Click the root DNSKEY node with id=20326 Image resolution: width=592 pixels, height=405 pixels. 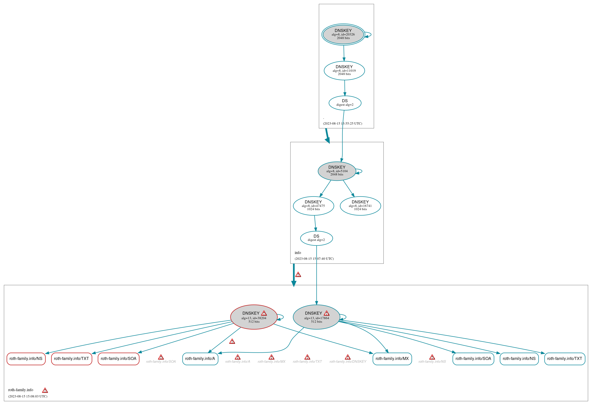coord(343,34)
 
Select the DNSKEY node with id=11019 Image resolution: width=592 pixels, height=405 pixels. coord(344,71)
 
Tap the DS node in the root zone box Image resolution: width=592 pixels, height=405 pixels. coord(345,103)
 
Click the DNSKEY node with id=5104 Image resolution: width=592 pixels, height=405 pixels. coord(337,171)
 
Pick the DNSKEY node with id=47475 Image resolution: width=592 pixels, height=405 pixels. coord(313,206)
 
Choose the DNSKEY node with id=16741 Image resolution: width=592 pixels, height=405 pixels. coord(360,206)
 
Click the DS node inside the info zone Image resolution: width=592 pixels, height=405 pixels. coord(316,238)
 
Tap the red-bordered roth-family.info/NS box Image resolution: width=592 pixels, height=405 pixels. coord(26,359)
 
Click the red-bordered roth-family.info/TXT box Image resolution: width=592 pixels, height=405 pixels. coord(71,359)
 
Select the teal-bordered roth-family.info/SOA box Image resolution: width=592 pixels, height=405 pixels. coord(473,359)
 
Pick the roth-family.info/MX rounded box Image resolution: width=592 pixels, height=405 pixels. coord(392,359)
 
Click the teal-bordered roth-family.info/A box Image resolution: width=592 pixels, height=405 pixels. coord(200,359)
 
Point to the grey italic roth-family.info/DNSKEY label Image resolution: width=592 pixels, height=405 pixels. coord(348,362)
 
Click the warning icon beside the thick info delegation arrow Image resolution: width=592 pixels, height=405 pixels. coord(298,275)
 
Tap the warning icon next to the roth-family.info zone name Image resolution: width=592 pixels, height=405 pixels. coord(45,390)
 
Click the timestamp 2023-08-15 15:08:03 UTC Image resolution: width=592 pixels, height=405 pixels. coord(28,396)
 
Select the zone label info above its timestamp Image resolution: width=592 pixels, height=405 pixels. coord(298,253)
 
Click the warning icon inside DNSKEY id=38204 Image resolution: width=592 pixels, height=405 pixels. coord(264,313)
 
